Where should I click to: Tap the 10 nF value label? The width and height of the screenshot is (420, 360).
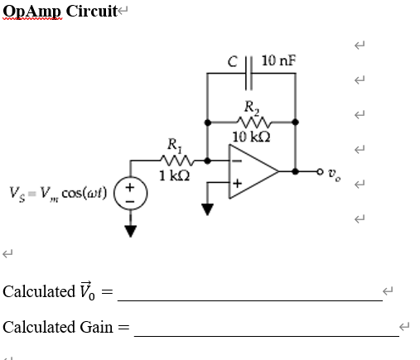coord(278,60)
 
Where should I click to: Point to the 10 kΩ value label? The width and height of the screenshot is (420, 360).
coord(250,137)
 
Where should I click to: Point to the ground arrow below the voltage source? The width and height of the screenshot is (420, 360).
coord(129,232)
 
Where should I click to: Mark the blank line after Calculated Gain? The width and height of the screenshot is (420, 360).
coord(266,335)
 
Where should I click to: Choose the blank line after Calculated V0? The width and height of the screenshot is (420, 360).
coord(253,300)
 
